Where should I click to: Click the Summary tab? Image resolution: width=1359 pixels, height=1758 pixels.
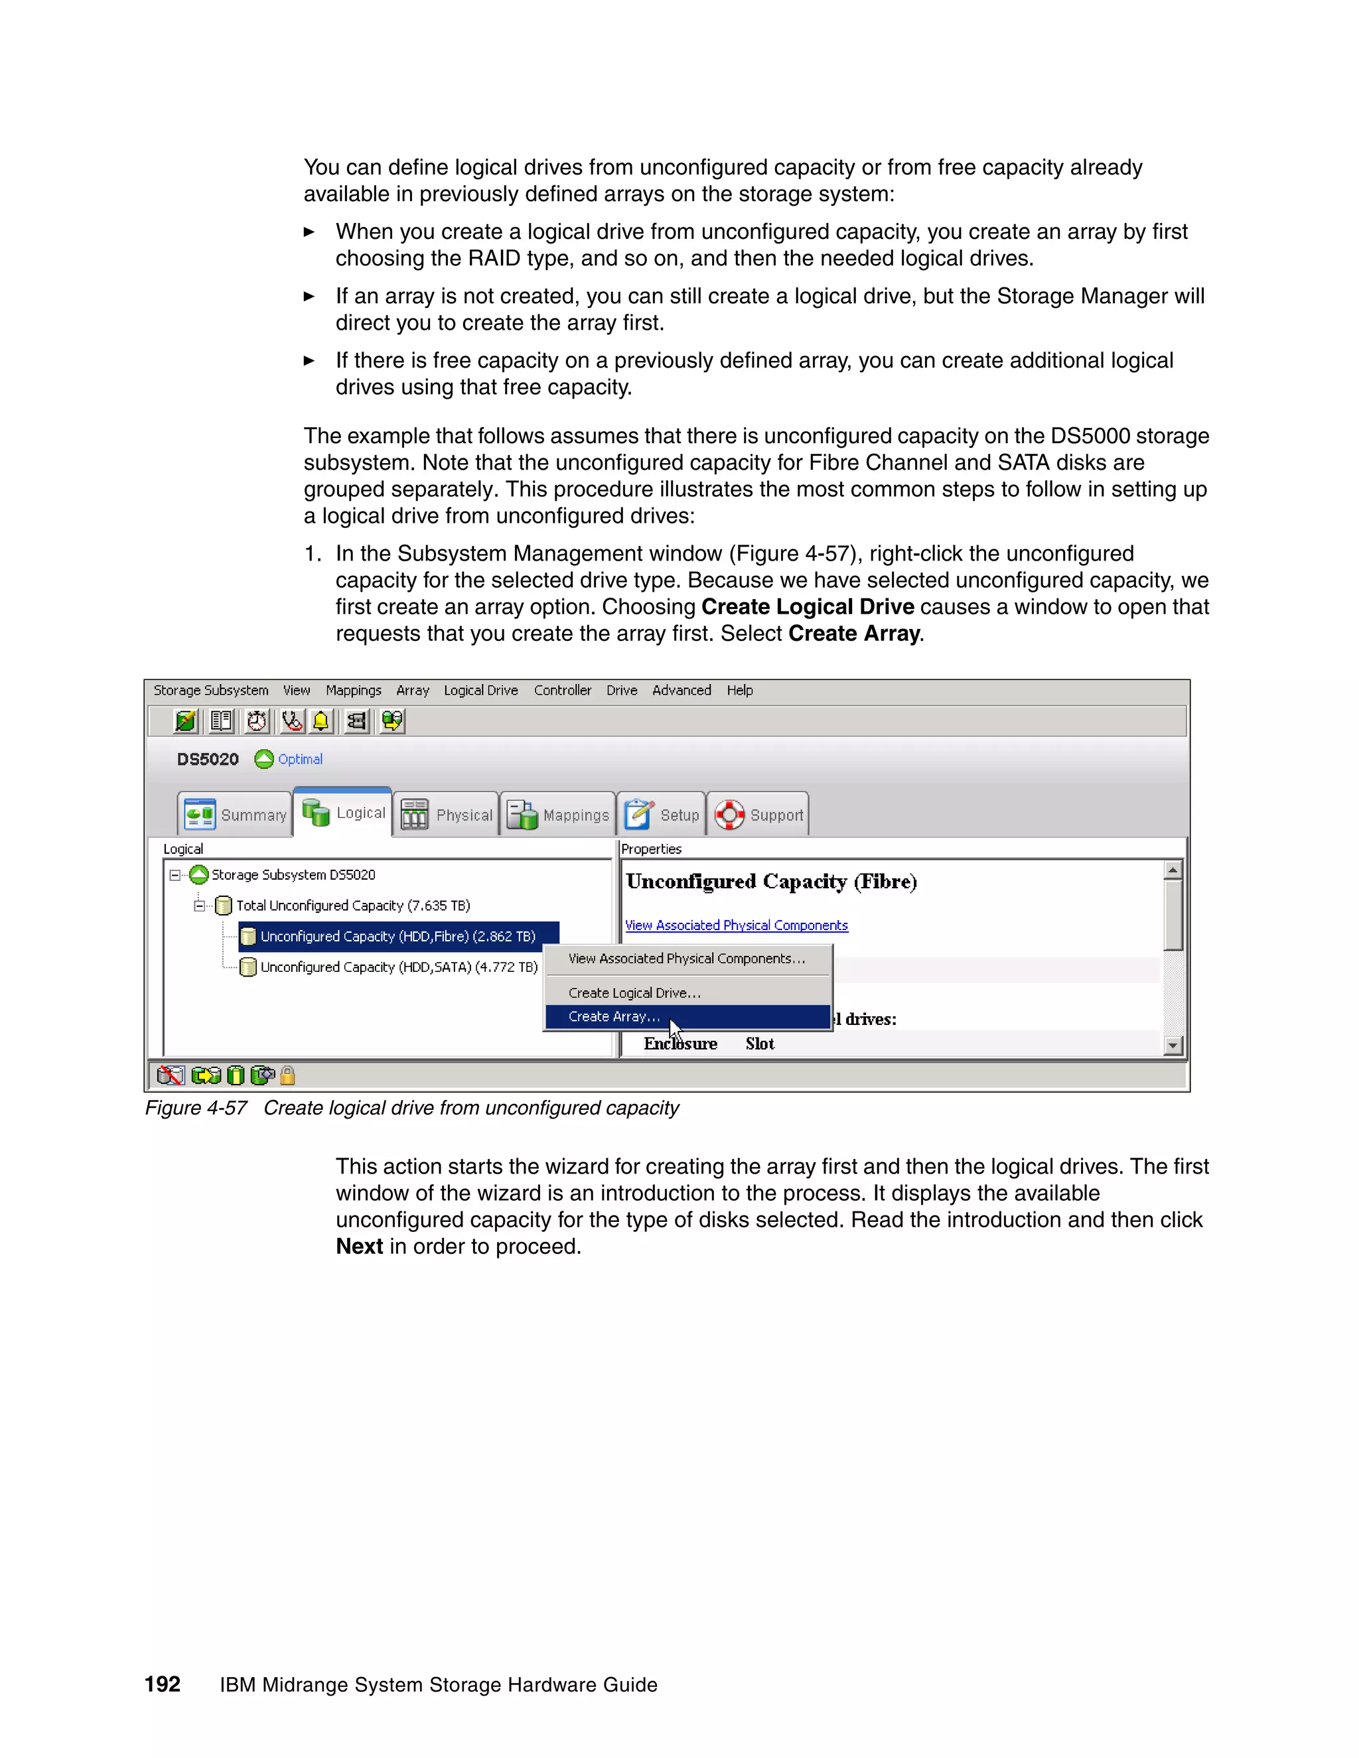235,815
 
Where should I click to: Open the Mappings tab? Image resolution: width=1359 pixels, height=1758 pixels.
558,815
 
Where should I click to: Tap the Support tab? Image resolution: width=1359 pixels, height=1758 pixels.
758,815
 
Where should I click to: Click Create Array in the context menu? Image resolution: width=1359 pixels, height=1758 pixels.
614,1016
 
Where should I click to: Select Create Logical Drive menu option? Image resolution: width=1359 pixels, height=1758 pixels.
634,992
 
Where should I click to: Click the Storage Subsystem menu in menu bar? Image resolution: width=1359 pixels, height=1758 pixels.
211,690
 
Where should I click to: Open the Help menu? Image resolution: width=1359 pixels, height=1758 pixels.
739,690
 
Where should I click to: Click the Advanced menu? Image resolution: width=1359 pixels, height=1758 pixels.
681,690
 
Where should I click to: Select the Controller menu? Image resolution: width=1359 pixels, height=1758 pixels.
562,690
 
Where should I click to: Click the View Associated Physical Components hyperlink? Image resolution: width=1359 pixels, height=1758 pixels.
736,925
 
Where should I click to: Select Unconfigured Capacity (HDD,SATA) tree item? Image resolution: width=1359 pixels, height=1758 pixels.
399,967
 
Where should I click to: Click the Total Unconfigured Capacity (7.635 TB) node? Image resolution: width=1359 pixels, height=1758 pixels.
352,906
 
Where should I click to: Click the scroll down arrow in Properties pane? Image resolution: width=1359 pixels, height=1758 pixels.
1173,1045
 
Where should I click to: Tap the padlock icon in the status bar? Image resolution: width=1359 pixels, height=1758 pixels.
287,1075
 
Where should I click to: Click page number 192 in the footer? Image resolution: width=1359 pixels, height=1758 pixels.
162,1684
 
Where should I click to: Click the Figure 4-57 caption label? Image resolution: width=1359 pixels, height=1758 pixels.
196,1108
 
